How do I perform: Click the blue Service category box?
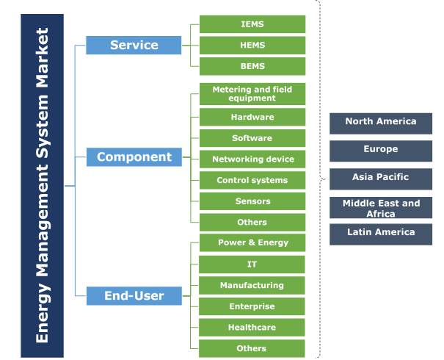[x=134, y=45]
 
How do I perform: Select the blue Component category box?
[x=134, y=156]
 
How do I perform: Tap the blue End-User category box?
[x=134, y=296]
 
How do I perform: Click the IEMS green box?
[x=252, y=24]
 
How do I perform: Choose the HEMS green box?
[x=252, y=46]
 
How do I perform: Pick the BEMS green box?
[x=252, y=66]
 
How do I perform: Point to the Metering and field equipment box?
[x=252, y=94]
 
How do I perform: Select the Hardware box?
[x=252, y=117]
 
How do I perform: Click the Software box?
[x=252, y=138]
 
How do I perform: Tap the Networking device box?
[x=252, y=159]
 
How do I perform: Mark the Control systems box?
[x=252, y=180]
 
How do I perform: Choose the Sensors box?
[x=252, y=201]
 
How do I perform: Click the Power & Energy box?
[x=252, y=243]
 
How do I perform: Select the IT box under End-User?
[x=252, y=264]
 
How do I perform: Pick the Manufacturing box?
[x=252, y=285]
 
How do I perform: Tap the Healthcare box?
[x=252, y=328]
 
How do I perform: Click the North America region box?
[x=380, y=123]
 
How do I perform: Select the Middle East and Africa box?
[x=380, y=208]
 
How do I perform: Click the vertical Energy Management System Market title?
[x=42, y=185]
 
